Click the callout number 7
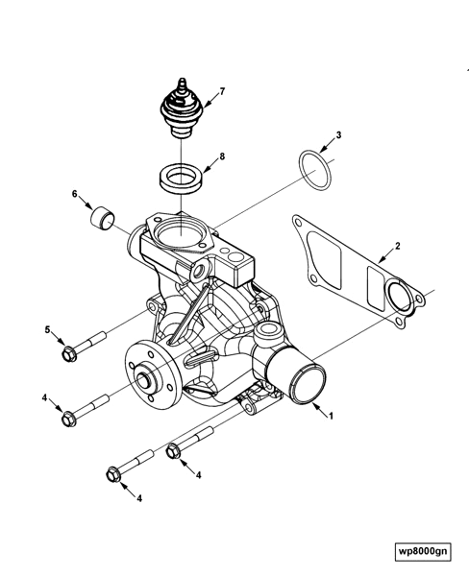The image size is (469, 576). (222, 92)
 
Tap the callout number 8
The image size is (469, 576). (222, 156)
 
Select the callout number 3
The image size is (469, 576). (338, 135)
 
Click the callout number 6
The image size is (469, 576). (74, 195)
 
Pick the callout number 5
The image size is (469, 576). (47, 330)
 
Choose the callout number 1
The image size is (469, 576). (331, 417)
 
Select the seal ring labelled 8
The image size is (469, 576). (180, 177)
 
